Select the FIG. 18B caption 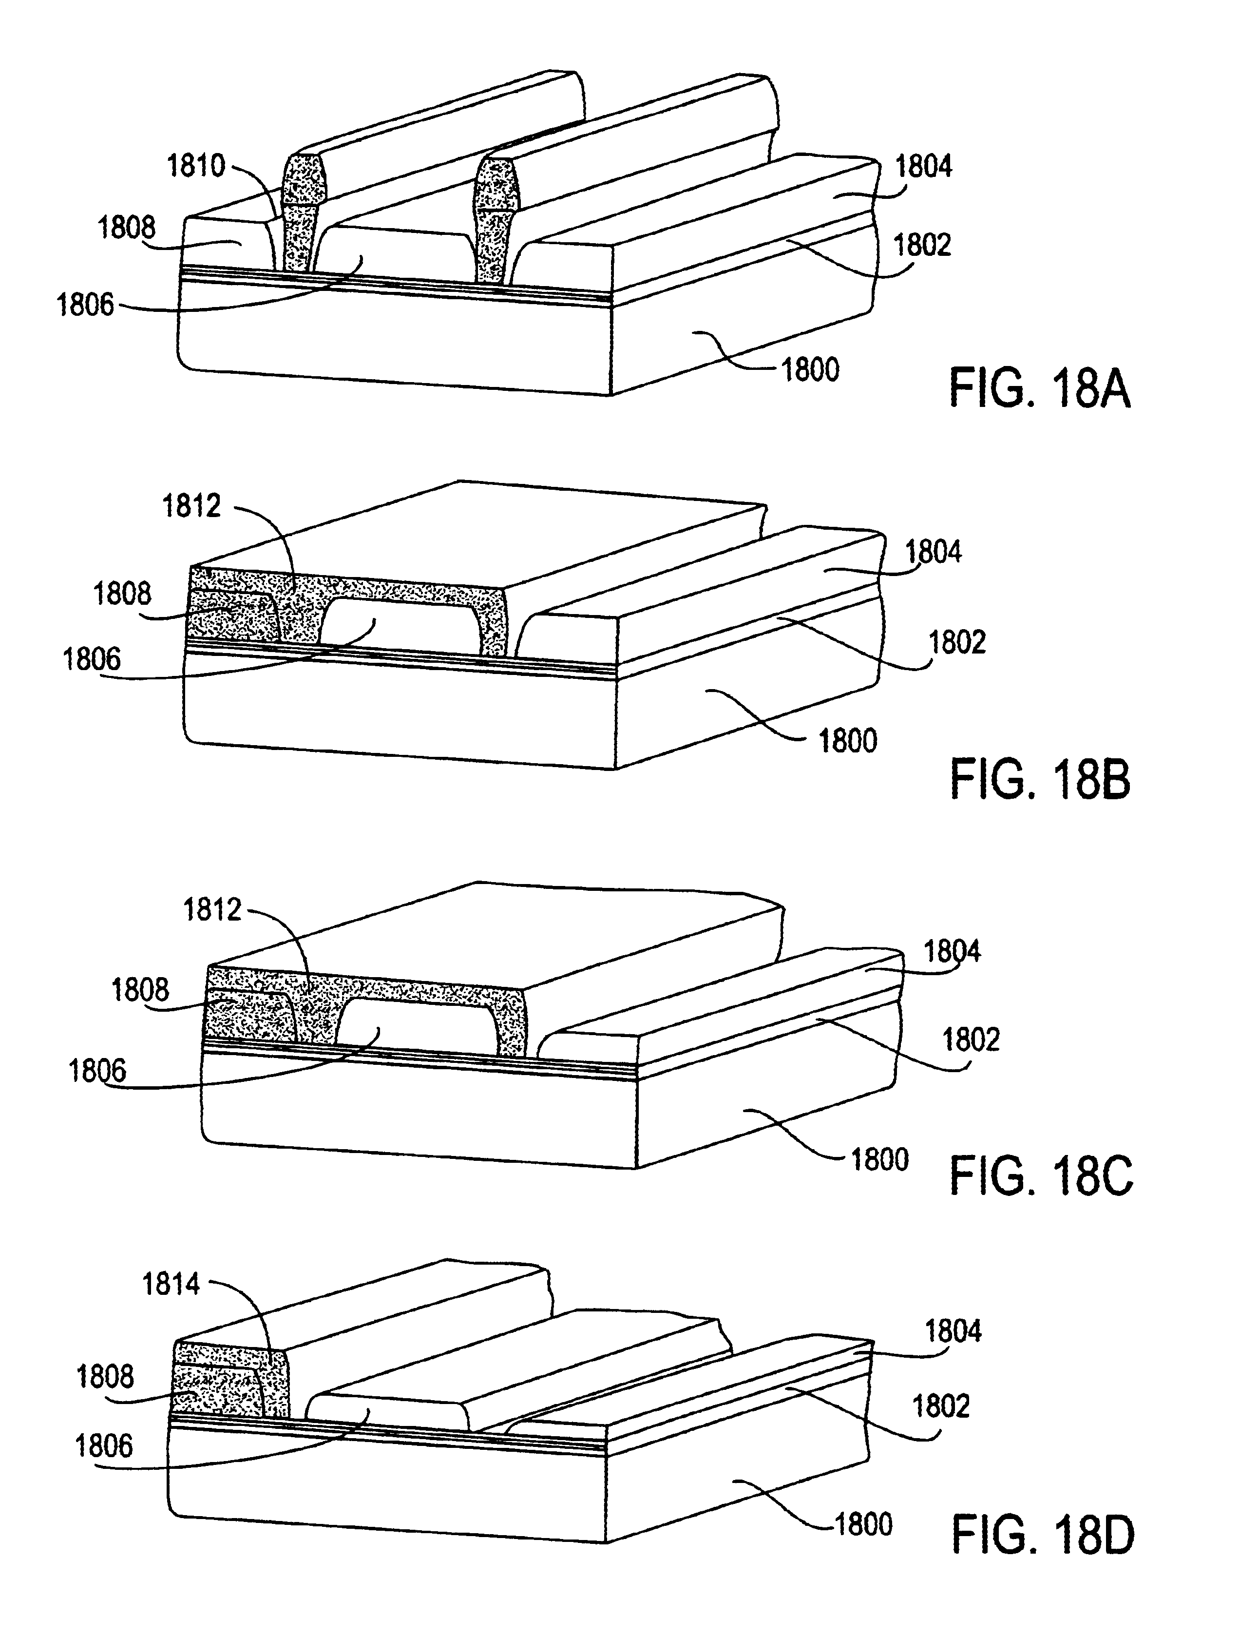[1040, 780]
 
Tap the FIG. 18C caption [1041, 1177]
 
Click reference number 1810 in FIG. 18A [195, 166]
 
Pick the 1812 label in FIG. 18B [192, 506]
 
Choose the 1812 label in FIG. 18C [213, 910]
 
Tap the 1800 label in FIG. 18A [810, 370]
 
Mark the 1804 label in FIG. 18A [923, 166]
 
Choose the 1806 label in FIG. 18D [104, 1446]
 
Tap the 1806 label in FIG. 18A [85, 306]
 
